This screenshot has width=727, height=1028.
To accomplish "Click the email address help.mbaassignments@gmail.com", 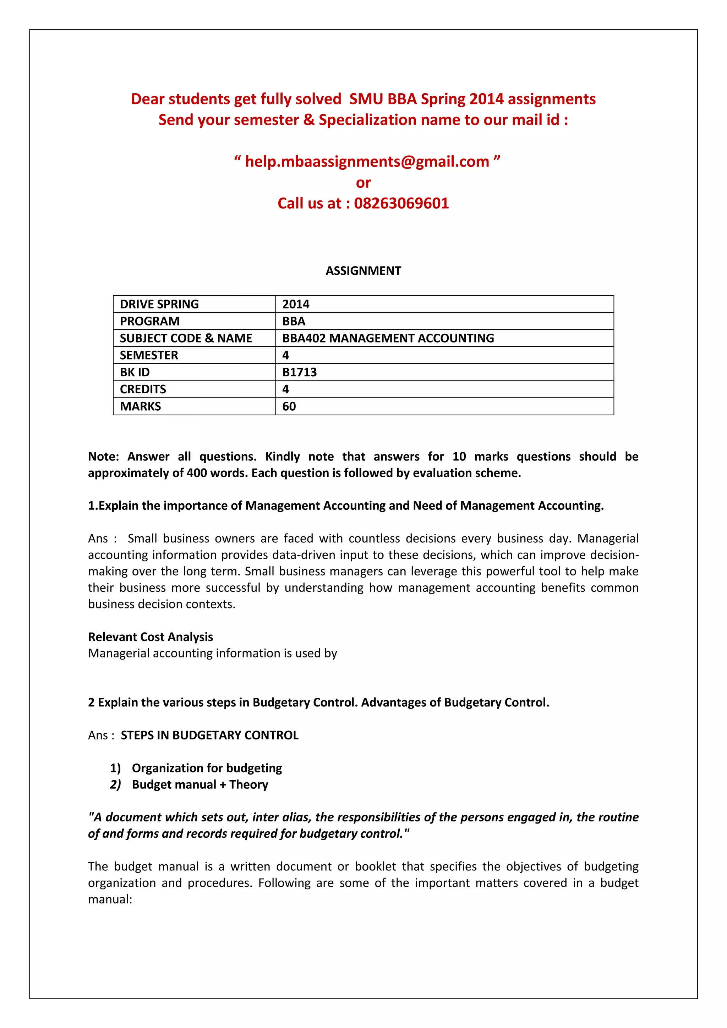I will (x=367, y=162).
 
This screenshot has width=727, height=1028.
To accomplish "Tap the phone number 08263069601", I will (x=401, y=203).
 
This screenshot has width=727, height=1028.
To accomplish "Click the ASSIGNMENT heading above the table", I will (x=363, y=271).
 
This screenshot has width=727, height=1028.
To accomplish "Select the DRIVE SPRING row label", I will (x=159, y=305).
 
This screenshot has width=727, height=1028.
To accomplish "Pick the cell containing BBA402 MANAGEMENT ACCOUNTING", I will (x=388, y=339).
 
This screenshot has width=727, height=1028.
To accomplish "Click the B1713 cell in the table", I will (x=300, y=372).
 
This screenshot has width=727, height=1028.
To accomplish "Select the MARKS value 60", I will (x=289, y=406).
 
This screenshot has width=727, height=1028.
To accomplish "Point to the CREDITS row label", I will (x=143, y=389).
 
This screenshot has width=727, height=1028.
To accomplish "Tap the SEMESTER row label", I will (x=149, y=355).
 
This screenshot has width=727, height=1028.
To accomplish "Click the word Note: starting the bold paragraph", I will (x=103, y=457).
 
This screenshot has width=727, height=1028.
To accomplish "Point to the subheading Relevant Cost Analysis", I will (x=151, y=637).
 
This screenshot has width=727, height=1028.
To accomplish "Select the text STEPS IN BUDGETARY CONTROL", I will (x=209, y=735).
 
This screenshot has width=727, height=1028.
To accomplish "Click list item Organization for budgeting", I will (x=207, y=768).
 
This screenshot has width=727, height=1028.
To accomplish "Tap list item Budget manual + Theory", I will (x=199, y=784).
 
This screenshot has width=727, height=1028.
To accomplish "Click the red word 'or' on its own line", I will (x=363, y=183).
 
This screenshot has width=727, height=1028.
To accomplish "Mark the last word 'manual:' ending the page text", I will (x=110, y=899).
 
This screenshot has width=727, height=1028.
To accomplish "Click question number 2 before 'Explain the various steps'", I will (x=91, y=702).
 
